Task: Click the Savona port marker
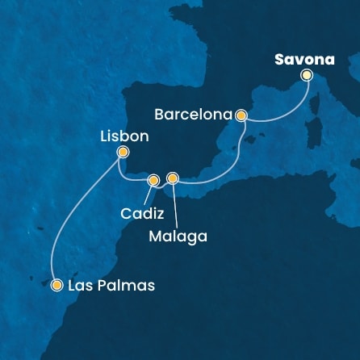click(x=306, y=75)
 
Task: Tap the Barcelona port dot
click(x=241, y=115)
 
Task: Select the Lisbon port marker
click(x=123, y=152)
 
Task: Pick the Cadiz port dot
click(x=153, y=180)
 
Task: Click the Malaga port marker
click(x=171, y=178)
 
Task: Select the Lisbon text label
click(x=123, y=136)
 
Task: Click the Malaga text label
click(x=178, y=237)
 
